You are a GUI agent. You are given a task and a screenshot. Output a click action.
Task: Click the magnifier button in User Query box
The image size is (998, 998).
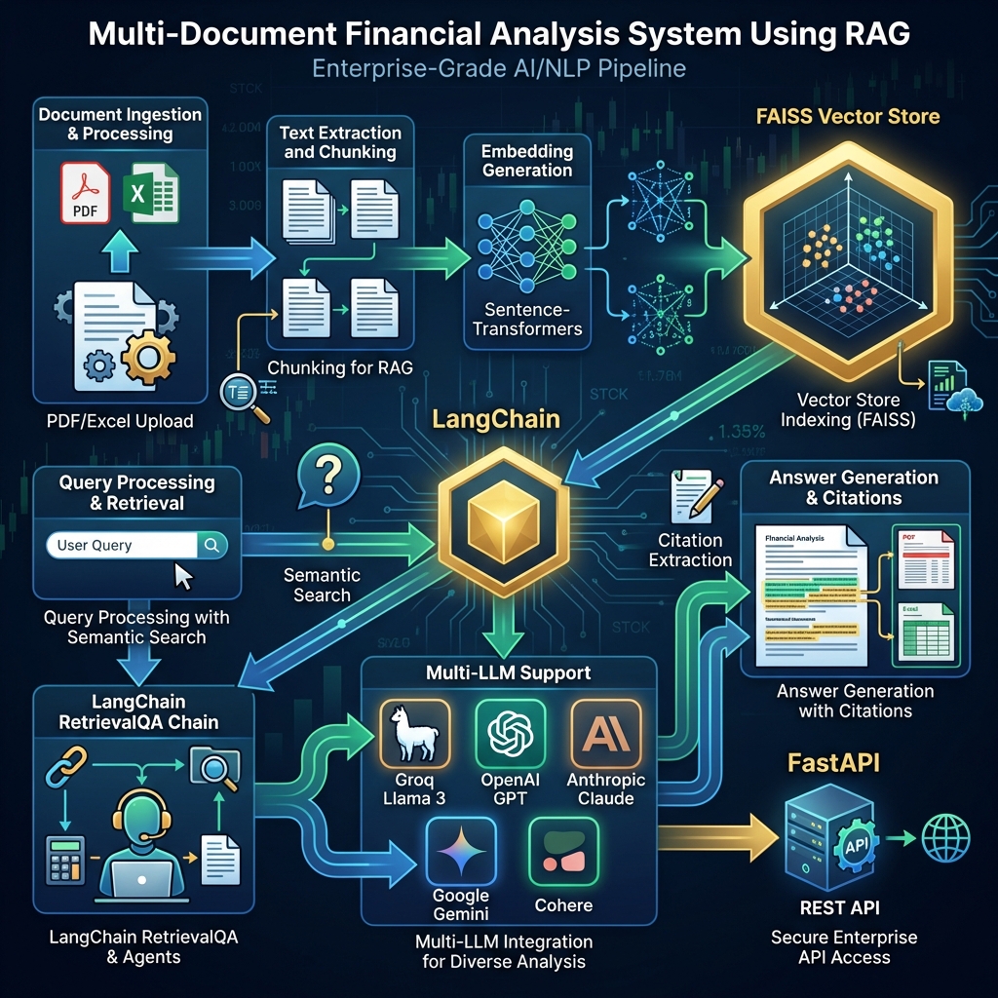click(211, 545)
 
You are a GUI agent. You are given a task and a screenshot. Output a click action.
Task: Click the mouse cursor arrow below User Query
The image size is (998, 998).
click(182, 575)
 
